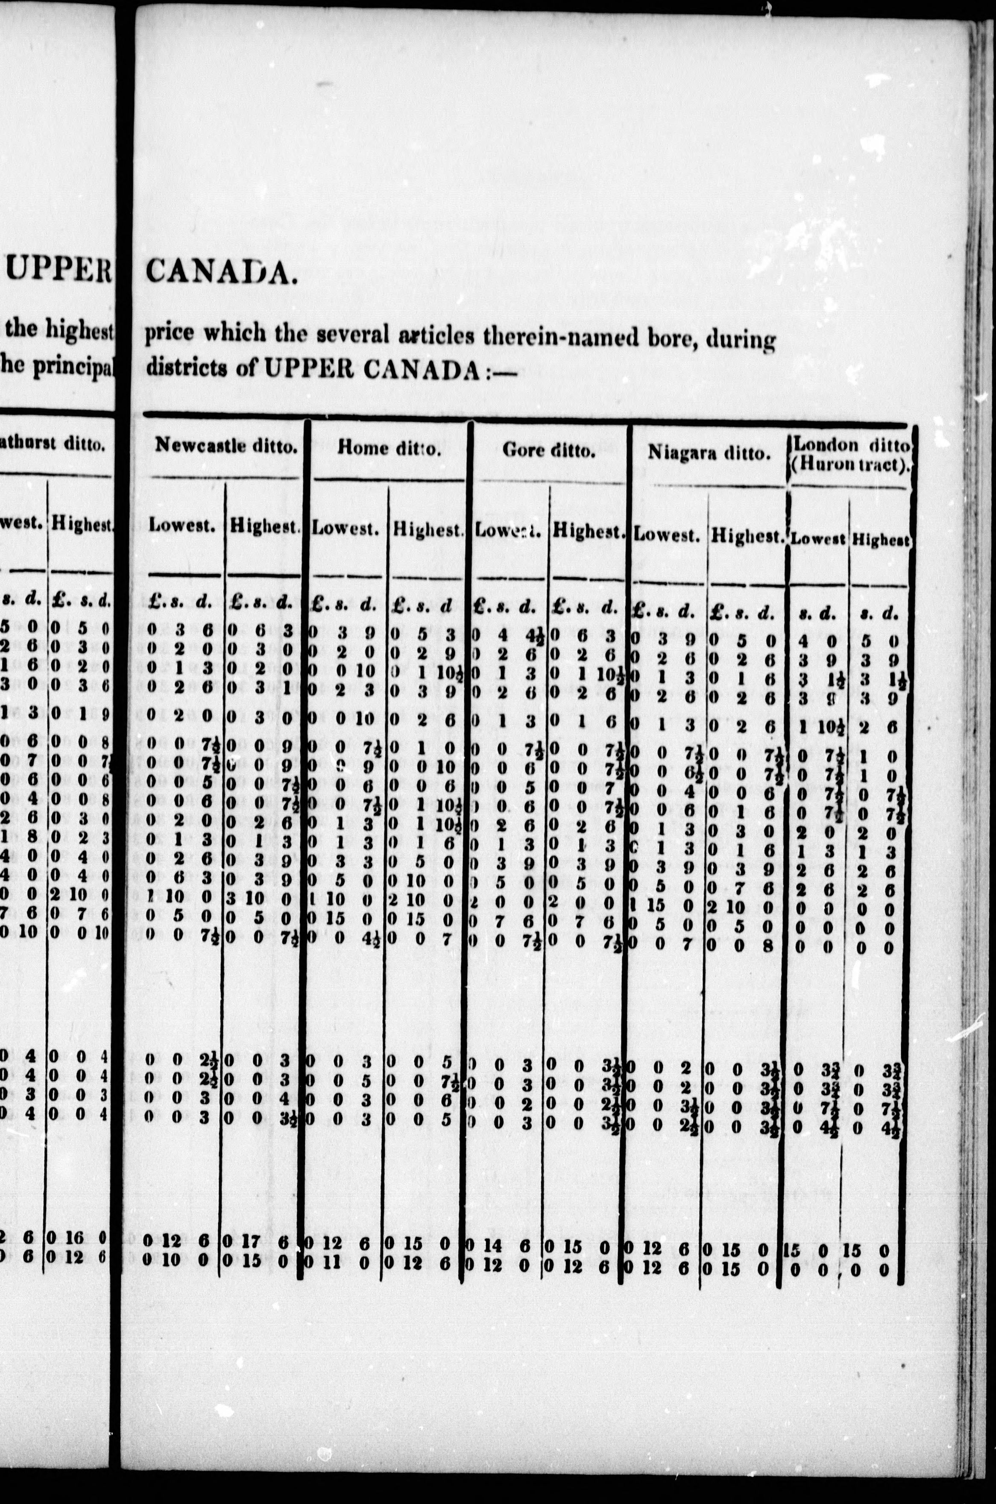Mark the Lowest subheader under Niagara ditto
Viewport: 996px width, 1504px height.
666,535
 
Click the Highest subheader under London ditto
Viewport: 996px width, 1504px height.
881,540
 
